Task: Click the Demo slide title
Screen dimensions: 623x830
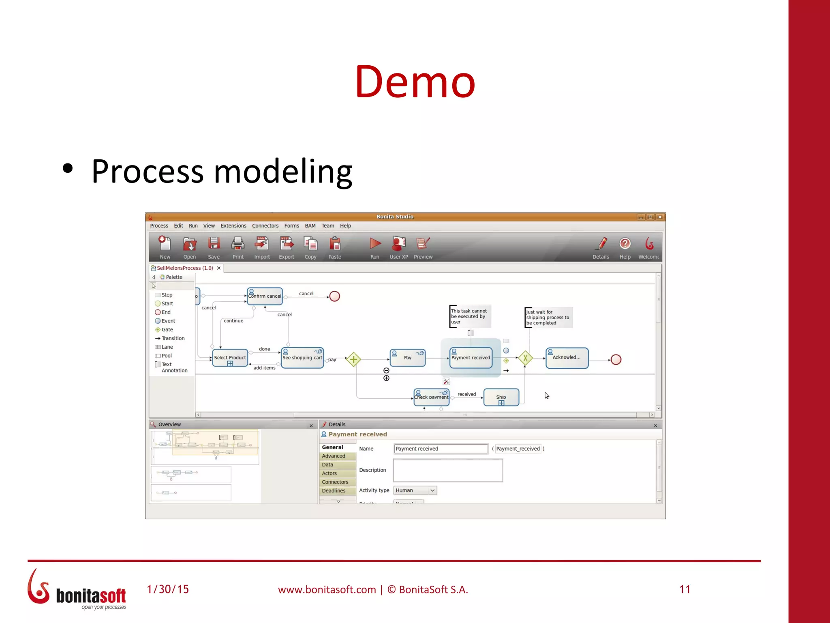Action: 415,82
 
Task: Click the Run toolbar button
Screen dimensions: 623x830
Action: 375,247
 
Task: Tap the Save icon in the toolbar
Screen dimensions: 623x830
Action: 214,247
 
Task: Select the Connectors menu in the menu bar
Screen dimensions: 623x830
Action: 265,226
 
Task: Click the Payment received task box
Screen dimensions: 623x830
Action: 471,358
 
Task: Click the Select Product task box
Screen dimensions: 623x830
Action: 230,358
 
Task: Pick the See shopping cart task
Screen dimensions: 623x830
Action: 302,358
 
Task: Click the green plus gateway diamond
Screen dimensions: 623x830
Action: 353,359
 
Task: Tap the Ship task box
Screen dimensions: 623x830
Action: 501,397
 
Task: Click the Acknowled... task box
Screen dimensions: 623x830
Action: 567,358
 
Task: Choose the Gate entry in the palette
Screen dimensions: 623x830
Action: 167,330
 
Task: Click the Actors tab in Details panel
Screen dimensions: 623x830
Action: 329,473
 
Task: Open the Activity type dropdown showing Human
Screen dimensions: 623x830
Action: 415,490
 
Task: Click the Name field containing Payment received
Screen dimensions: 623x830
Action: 441,449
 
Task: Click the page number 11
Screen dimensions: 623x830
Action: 685,589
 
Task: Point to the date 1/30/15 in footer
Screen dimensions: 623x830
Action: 168,589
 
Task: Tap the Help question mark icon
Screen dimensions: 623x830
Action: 625,244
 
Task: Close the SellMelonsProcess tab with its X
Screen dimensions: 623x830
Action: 219,268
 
